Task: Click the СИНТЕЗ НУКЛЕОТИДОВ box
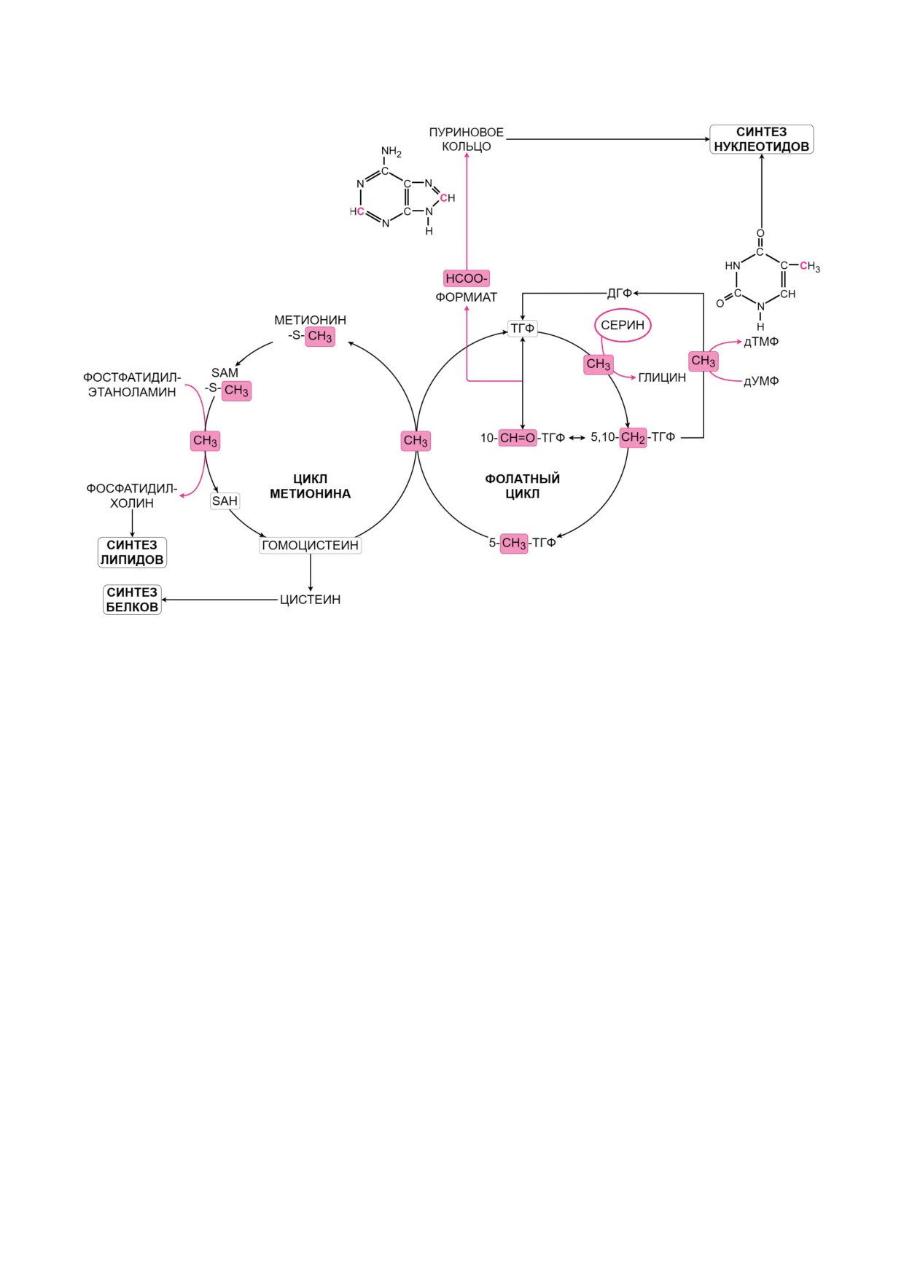coord(761,139)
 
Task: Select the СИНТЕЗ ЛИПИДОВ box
coord(132,552)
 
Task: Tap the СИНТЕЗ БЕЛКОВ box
coord(132,600)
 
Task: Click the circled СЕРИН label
coord(623,325)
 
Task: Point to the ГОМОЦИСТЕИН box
coord(310,545)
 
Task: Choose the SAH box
coord(225,501)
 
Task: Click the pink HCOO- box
coord(466,278)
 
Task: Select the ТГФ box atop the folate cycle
coord(522,329)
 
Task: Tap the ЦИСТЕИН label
coord(310,600)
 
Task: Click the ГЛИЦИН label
coord(662,377)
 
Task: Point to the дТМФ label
coord(761,342)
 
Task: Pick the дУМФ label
coord(761,381)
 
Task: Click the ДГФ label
coord(619,293)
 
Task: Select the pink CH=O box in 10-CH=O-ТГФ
coord(518,438)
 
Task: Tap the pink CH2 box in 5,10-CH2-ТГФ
coord(632,437)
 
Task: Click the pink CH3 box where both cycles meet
coord(416,441)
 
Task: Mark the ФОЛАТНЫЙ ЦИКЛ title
coord(522,486)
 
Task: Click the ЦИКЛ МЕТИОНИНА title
coord(310,486)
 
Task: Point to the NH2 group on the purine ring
coord(391,152)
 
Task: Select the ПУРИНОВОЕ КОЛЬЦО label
coord(466,139)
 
